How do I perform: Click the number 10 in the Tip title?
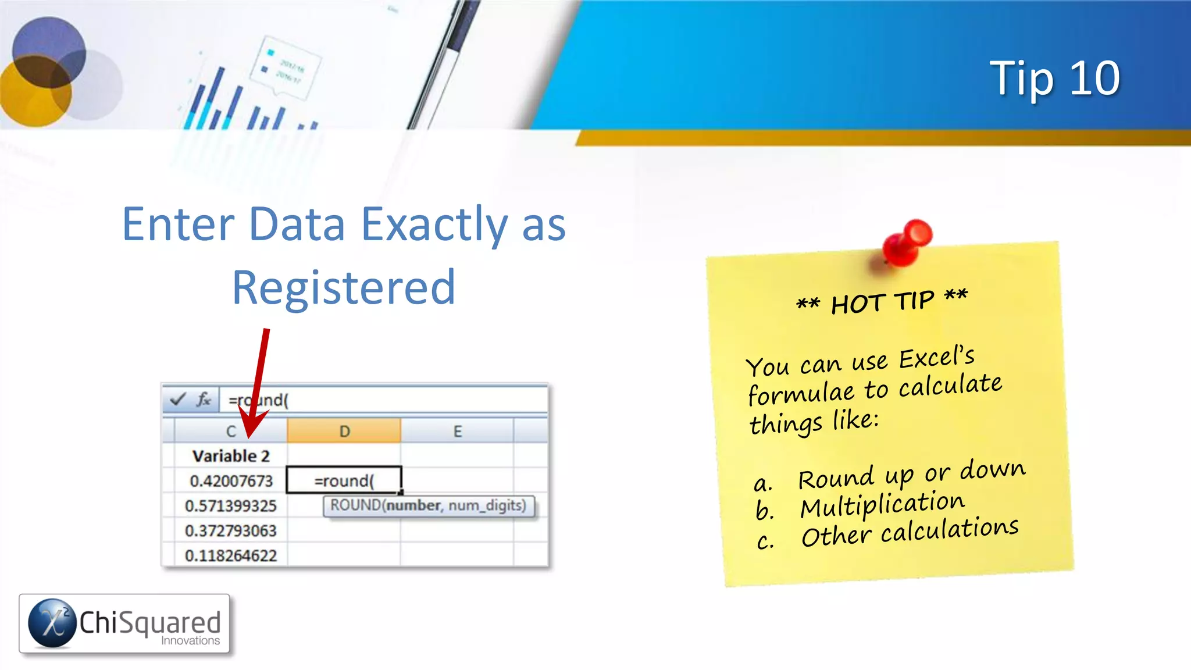click(1094, 79)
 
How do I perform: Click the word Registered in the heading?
click(344, 287)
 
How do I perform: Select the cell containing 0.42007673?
click(231, 481)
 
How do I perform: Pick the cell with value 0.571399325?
click(230, 506)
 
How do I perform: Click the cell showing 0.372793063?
click(230, 531)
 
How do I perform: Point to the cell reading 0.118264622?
click(230, 555)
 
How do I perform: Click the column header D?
click(344, 432)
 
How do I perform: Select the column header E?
click(458, 432)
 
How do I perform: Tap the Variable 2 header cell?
click(231, 456)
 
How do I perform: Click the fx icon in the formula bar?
click(203, 400)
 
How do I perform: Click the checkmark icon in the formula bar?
click(177, 400)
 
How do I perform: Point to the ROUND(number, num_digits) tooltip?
click(428, 505)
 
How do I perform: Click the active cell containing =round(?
click(344, 481)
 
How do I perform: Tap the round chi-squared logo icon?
click(52, 623)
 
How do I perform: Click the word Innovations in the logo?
click(190, 641)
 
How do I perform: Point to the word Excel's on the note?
click(937, 358)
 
